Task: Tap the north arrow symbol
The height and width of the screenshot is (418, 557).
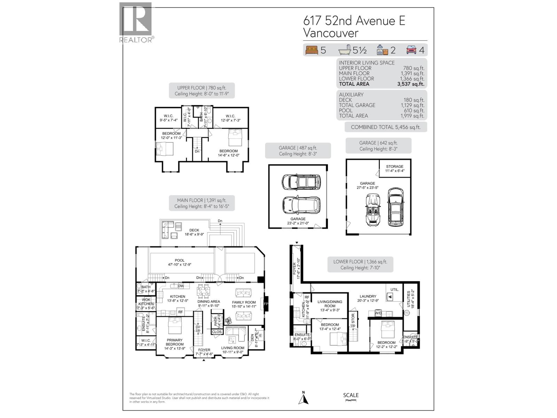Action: pyautogui.click(x=303, y=398)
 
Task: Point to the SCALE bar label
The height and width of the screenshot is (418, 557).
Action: pyautogui.click(x=351, y=395)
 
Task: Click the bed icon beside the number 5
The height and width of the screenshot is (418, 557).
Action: pyautogui.click(x=312, y=50)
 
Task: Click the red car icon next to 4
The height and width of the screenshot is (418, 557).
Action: pyautogui.click(x=411, y=50)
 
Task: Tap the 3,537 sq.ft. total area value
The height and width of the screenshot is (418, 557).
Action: pyautogui.click(x=411, y=84)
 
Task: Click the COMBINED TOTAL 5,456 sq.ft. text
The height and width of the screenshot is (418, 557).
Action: pyautogui.click(x=385, y=127)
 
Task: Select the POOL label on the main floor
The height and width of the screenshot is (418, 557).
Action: pyautogui.click(x=180, y=260)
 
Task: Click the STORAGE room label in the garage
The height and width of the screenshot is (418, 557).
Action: pyautogui.click(x=394, y=167)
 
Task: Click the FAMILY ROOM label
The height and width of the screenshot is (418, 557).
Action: pyautogui.click(x=244, y=302)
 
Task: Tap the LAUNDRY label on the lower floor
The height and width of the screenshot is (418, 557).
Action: pyautogui.click(x=368, y=296)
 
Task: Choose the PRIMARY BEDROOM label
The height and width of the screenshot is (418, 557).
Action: pyautogui.click(x=174, y=342)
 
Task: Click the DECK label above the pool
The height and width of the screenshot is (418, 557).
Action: pyautogui.click(x=194, y=230)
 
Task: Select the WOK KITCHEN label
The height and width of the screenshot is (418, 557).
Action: pyautogui.click(x=146, y=302)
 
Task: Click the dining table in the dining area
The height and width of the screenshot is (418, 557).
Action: pyautogui.click(x=204, y=290)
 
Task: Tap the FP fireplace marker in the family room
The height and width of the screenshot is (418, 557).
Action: pyautogui.click(x=266, y=304)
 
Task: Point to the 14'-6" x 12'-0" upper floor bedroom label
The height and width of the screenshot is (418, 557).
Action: pyautogui.click(x=228, y=153)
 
